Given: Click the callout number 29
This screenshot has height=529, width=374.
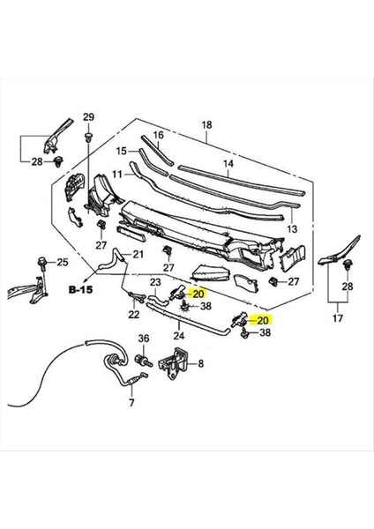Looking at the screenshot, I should click(88, 118).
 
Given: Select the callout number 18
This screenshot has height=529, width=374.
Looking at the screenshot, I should click(206, 125).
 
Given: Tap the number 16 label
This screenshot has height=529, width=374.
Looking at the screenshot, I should click(160, 135).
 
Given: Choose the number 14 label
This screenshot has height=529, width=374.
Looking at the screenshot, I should click(228, 164).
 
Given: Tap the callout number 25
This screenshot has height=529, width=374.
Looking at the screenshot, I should click(62, 263).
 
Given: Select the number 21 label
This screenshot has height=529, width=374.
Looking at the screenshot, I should click(137, 255).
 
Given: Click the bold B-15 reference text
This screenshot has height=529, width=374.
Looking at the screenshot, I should click(82, 288).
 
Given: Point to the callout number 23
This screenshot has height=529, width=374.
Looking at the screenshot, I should click(155, 283).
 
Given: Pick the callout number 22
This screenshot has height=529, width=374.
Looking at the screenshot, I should click(133, 315).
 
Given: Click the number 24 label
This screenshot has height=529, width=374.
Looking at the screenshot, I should click(178, 335).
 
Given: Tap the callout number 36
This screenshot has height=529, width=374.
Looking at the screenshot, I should click(144, 337).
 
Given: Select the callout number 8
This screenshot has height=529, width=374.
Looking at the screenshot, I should click(200, 363).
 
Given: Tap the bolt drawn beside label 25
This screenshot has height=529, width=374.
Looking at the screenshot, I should click(41, 262).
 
